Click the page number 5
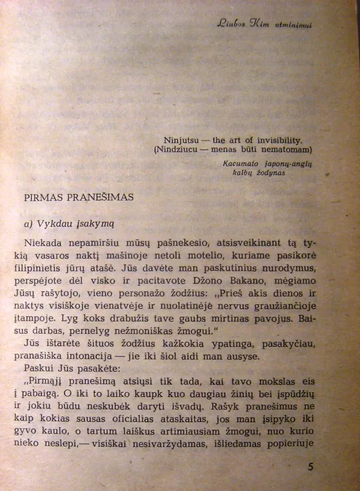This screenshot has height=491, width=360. pos(311,466)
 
